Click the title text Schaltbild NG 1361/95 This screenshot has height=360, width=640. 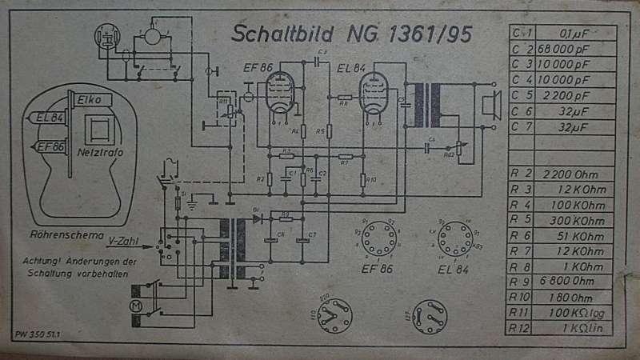(x=354, y=34)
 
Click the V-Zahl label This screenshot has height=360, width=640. (x=124, y=241)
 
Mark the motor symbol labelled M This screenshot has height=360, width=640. (x=136, y=306)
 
